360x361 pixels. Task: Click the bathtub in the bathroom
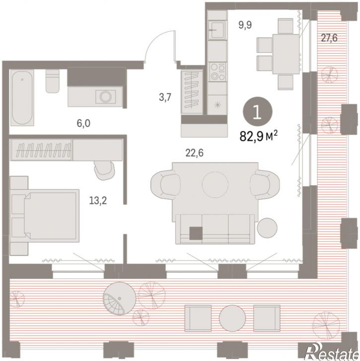pyautogui.click(x=22, y=98)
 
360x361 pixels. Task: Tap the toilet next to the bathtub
pyautogui.click(x=52, y=81)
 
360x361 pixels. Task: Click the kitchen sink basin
pyautogui.click(x=217, y=30)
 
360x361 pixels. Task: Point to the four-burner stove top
pyautogui.click(x=217, y=72)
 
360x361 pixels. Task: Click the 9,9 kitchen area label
pyautogui.click(x=245, y=25)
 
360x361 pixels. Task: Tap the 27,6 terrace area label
pyautogui.click(x=329, y=38)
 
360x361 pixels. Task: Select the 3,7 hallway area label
pyautogui.click(x=165, y=97)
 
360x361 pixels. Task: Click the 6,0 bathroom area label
pyautogui.click(x=83, y=124)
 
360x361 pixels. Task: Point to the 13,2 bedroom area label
pyautogui.click(x=98, y=201)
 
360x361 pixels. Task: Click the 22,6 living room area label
pyautogui.click(x=195, y=153)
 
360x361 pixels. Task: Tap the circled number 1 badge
pyautogui.click(x=258, y=112)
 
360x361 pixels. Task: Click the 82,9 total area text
pyautogui.click(x=258, y=137)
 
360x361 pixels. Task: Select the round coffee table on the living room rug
pyautogui.click(x=215, y=184)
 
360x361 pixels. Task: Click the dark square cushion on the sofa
pyautogui.click(x=196, y=233)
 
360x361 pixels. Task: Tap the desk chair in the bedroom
pyautogui.click(x=104, y=170)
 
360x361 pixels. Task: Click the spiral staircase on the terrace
pyautogui.click(x=120, y=298)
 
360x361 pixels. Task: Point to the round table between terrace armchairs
pyautogui.click(x=232, y=318)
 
